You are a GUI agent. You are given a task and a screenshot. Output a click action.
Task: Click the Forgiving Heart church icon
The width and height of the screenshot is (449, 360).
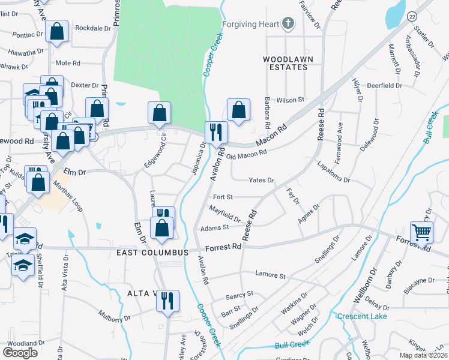289,24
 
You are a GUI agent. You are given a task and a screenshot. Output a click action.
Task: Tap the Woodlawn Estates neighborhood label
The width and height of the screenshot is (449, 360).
285,63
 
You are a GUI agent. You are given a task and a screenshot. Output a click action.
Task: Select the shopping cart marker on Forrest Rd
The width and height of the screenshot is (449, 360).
422,232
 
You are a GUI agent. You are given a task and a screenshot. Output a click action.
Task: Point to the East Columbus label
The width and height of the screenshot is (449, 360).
152,253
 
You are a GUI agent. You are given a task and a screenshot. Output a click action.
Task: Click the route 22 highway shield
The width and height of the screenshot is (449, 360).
411,16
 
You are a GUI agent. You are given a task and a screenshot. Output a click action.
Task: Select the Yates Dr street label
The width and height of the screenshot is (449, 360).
262,180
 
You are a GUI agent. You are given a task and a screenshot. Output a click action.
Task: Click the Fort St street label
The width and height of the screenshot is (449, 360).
222,196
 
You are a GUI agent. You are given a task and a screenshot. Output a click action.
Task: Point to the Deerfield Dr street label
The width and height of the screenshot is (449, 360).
384,86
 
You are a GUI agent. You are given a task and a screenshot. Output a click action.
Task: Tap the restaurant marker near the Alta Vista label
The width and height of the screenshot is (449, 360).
167,300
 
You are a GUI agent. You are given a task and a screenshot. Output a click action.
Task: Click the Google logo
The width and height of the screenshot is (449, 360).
20,352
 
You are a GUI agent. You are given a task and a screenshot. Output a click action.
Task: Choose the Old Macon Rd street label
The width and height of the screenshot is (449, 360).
246,155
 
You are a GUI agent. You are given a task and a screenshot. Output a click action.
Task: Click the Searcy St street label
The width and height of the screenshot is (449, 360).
240,295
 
